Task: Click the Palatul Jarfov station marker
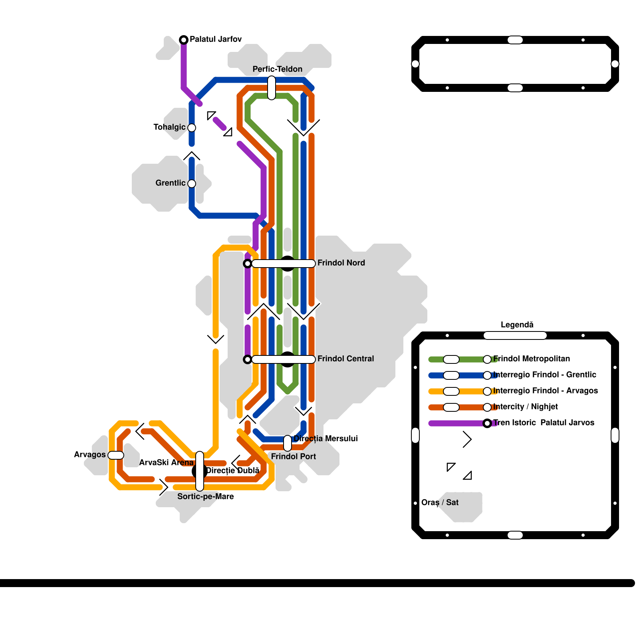[x=184, y=40]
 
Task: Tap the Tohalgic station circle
[x=192, y=128]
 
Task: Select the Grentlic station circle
[x=192, y=184]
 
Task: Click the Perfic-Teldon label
[x=277, y=69]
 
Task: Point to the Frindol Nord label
[x=341, y=263]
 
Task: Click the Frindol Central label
[x=345, y=359]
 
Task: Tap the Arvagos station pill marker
[x=116, y=455]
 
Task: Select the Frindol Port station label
[x=293, y=456]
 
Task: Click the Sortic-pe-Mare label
[x=205, y=496]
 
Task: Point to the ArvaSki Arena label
[x=166, y=462]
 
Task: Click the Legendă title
[x=517, y=325]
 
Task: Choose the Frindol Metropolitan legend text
[x=531, y=359]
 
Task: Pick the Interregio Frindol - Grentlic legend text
[x=544, y=375]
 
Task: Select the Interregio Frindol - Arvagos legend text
[x=545, y=391]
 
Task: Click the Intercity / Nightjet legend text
[x=525, y=407]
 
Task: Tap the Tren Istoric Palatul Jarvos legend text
[x=543, y=423]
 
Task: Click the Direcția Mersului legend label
[x=325, y=439]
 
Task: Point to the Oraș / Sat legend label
[x=440, y=502]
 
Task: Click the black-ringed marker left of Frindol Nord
[x=248, y=264]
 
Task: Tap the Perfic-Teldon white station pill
[x=272, y=88]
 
